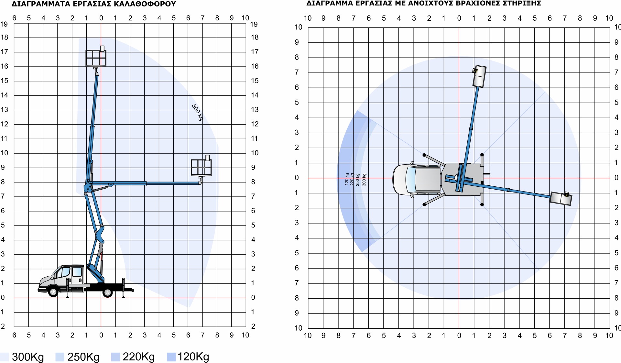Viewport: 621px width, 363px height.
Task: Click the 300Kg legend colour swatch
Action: (x=4, y=357)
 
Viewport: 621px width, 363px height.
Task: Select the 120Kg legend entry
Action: (x=188, y=357)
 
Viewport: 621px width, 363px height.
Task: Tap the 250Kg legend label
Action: (x=83, y=357)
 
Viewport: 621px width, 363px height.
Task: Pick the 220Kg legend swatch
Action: (x=115, y=357)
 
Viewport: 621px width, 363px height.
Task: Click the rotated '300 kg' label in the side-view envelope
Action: (x=197, y=112)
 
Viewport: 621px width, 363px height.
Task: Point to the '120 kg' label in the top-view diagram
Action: (x=347, y=179)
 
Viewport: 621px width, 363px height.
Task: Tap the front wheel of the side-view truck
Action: (x=53, y=292)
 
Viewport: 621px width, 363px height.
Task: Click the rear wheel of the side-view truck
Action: (x=107, y=292)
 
